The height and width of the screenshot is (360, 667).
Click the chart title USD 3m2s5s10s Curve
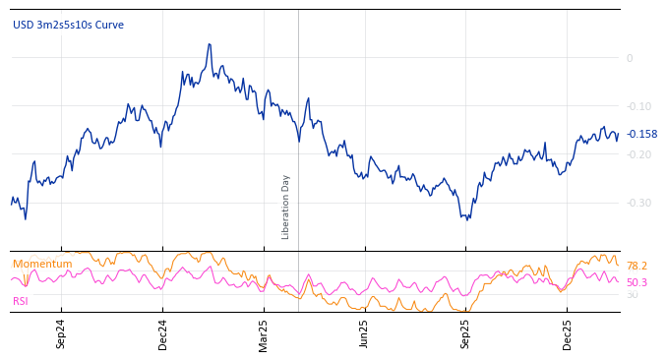point(68,25)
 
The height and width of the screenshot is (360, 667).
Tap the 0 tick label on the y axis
point(630,58)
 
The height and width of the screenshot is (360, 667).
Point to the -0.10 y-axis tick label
point(637,106)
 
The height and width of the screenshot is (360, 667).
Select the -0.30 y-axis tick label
point(637,203)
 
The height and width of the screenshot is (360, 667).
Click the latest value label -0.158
point(641,134)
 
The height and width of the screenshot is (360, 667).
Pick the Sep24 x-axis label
point(61,333)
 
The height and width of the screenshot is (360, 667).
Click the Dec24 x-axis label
point(162,333)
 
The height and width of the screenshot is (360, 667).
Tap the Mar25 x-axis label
point(263,333)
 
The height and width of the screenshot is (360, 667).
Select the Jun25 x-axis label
point(364,333)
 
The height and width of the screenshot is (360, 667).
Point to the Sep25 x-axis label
point(465,333)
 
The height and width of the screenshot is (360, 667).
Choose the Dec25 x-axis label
point(567,333)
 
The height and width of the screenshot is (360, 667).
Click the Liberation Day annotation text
point(286,207)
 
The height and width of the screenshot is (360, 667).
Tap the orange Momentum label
point(42,264)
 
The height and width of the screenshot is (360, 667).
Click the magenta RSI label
point(21,301)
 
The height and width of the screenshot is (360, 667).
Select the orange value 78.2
point(637,266)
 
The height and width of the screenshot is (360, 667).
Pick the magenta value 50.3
point(637,282)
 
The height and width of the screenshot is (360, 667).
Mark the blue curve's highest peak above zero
point(210,44)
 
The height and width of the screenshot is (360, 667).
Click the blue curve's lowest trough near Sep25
point(467,218)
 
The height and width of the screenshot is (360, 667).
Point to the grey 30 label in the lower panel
point(632,294)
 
